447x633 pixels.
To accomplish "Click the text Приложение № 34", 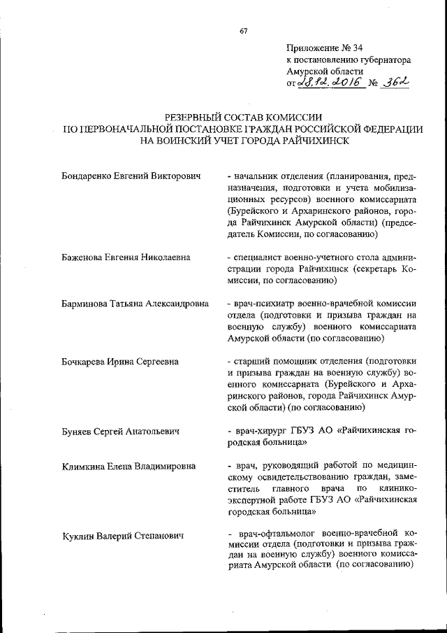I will [x=325, y=48].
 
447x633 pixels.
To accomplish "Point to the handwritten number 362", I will [x=395, y=83].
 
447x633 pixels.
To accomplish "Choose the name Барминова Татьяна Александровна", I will [x=135, y=304].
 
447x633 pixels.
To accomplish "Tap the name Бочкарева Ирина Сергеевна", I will [x=119, y=362].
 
